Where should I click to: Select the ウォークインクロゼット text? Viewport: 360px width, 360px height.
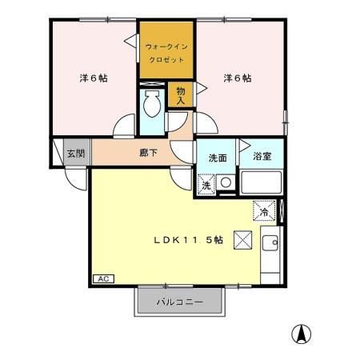coord(166,54)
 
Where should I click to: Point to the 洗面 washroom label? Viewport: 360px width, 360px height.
coord(218,158)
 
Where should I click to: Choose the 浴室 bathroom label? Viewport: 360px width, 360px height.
coord(262,157)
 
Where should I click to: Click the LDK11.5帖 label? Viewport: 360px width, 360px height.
coord(189,240)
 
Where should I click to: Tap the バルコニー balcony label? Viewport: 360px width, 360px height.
coord(178,302)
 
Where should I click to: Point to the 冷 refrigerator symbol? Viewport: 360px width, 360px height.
coord(264,211)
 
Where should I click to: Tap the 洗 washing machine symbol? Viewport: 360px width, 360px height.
coord(206,185)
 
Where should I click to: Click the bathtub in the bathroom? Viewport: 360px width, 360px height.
coord(260,185)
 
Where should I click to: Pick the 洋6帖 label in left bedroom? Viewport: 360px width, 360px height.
coord(94,78)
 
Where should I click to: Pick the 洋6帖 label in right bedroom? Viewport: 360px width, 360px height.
coord(237,78)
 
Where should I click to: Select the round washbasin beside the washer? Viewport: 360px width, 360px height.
coord(226,183)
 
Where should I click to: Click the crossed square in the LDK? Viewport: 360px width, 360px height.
coord(242,239)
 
